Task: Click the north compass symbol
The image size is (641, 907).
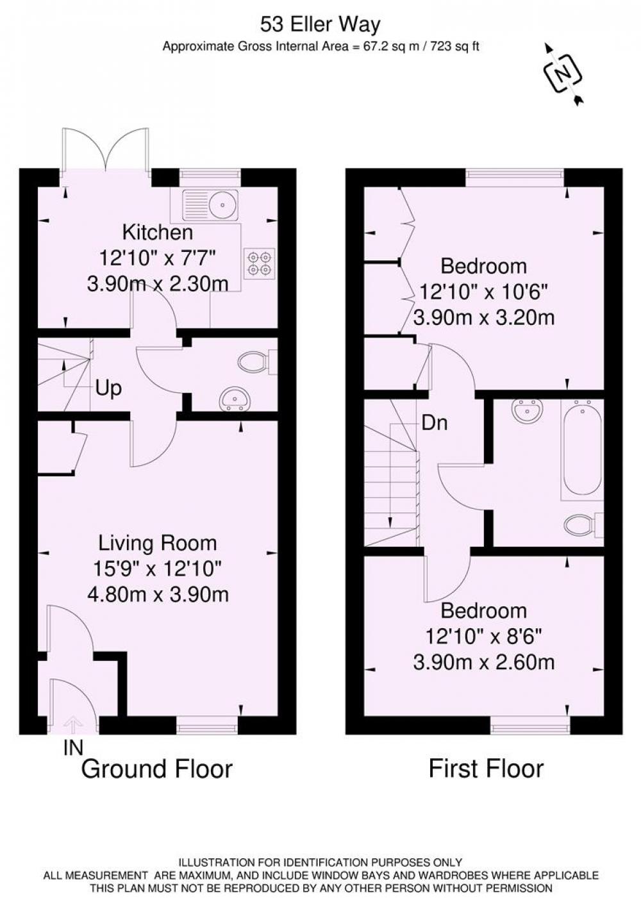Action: pyautogui.click(x=563, y=74)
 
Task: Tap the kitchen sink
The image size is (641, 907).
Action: pyautogui.click(x=211, y=205)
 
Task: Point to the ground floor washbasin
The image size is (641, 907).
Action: pyautogui.click(x=235, y=399)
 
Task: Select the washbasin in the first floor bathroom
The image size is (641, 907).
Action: pyautogui.click(x=528, y=411)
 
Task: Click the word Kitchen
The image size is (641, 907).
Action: pyautogui.click(x=158, y=233)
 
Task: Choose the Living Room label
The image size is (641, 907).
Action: pyautogui.click(x=158, y=543)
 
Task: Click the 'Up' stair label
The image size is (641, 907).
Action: pyautogui.click(x=108, y=390)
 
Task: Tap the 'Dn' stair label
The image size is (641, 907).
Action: pyautogui.click(x=435, y=424)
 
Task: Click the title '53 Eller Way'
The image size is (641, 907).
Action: pyautogui.click(x=320, y=25)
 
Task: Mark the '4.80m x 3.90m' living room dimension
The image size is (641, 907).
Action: pyautogui.click(x=158, y=595)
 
